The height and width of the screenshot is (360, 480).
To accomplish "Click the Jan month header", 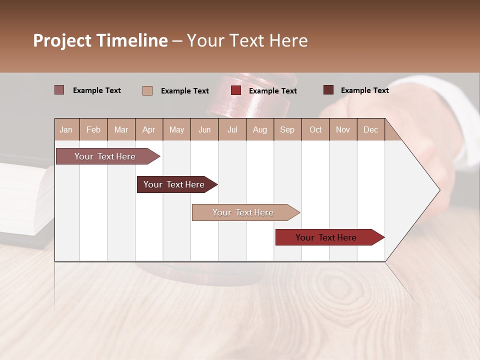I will click(x=66, y=129).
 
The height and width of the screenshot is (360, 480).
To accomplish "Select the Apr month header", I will click(x=148, y=129).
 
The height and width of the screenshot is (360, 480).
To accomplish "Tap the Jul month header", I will click(x=232, y=129).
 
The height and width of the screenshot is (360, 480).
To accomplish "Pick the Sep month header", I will click(x=287, y=129).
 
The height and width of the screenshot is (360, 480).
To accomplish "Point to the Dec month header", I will click(x=370, y=129).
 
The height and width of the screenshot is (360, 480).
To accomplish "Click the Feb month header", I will click(x=93, y=129).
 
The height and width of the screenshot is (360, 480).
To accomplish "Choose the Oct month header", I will click(x=315, y=129).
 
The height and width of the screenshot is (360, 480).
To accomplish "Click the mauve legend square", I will click(x=59, y=90).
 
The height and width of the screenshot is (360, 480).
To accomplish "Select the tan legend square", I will click(x=147, y=90).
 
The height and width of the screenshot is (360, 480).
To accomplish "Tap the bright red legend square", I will click(x=236, y=90).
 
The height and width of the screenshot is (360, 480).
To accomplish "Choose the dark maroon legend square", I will click(x=328, y=90).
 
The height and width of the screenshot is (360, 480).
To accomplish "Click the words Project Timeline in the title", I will click(x=100, y=40).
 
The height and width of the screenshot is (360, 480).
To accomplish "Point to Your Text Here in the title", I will click(x=247, y=40).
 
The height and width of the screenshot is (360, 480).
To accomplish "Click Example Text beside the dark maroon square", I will click(x=364, y=90).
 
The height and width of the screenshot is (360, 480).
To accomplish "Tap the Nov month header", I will click(x=343, y=129).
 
